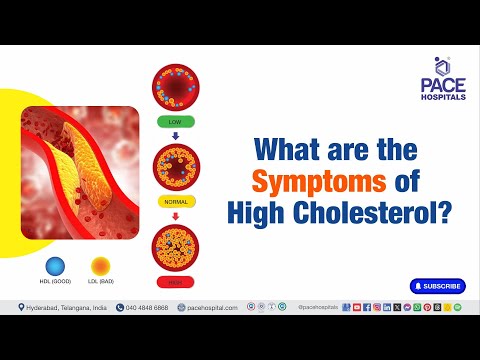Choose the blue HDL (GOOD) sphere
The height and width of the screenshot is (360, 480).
tap(56, 265)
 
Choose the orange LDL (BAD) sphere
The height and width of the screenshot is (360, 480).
tap(100, 265)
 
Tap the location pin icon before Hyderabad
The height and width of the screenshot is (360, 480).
tap(21, 308)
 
